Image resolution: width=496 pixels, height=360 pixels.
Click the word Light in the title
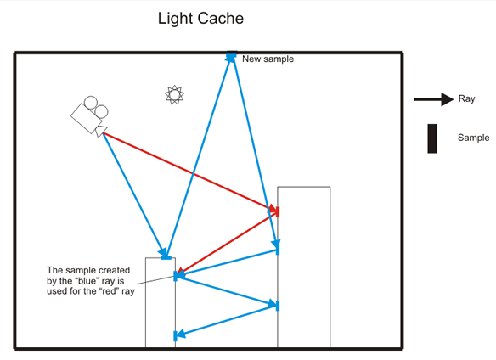[x=177, y=18]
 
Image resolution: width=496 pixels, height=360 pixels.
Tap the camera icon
[x=89, y=115]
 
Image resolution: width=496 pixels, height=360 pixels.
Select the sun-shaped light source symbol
[x=174, y=94]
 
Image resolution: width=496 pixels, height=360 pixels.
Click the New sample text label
[x=268, y=59]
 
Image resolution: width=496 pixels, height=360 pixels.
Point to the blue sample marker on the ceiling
[x=230, y=56]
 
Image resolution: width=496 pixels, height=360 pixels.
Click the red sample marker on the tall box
[x=277, y=211]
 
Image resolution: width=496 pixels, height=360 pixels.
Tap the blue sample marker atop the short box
[x=166, y=256]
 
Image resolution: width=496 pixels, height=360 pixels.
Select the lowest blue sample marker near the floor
[x=175, y=335]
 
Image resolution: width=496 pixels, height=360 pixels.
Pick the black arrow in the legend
[x=432, y=99]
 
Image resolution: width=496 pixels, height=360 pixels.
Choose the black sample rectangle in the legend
[x=432, y=138]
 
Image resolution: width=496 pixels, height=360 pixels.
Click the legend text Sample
[x=473, y=138]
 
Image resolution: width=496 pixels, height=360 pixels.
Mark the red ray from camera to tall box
[x=187, y=171]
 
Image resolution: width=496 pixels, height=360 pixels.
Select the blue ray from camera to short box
[x=132, y=191]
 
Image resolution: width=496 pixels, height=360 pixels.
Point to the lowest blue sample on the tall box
[x=277, y=305]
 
